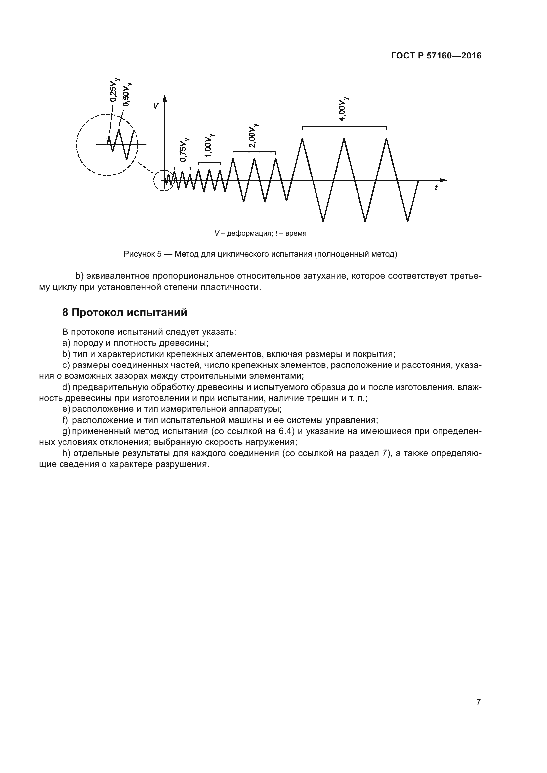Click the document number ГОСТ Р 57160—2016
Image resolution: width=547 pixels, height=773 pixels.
click(x=436, y=56)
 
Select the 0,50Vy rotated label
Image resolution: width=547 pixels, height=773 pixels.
click(x=127, y=95)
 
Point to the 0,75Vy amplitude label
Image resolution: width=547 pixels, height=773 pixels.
click(x=184, y=150)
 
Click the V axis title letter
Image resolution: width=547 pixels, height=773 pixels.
click(x=156, y=106)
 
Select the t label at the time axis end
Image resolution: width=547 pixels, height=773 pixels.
click(x=436, y=188)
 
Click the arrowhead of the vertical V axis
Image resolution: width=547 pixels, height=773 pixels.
click(x=165, y=98)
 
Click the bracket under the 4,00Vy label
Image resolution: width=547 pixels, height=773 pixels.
click(x=344, y=127)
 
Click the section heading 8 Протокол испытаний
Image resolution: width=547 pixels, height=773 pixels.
click(x=125, y=312)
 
